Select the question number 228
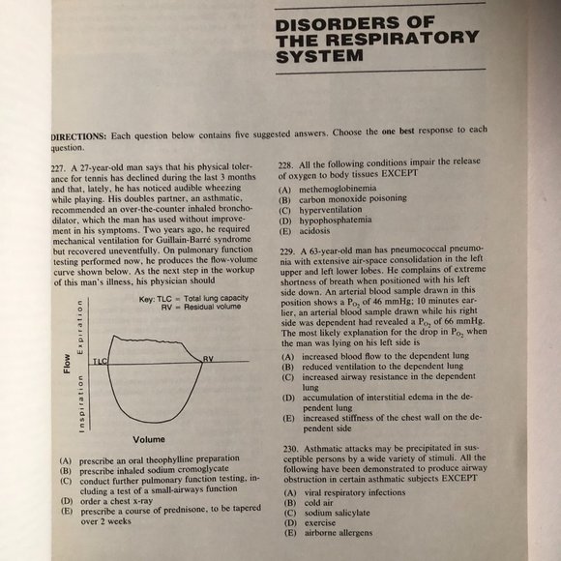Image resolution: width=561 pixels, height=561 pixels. click(286, 165)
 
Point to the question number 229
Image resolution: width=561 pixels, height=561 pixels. click(286, 251)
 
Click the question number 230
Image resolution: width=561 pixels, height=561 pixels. click(286, 449)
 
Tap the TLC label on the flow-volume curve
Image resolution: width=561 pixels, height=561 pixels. click(100, 360)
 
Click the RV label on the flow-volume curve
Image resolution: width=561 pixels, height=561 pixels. click(208, 358)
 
